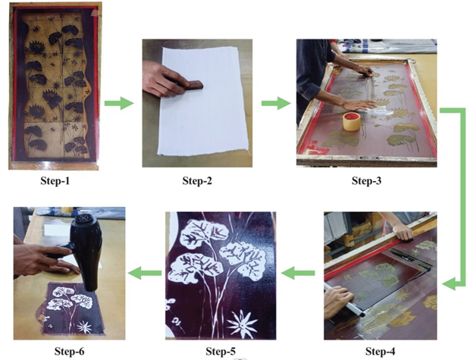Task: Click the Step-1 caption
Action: (55, 180)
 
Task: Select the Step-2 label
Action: (197, 180)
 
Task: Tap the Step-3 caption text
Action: (367, 180)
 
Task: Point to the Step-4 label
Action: (380, 351)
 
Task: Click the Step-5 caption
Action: (221, 351)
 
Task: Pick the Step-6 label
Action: (70, 351)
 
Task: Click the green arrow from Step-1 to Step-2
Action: (119, 103)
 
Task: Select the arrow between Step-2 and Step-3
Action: (276, 103)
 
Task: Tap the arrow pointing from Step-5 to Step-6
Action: (145, 273)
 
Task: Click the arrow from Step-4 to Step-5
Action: (298, 273)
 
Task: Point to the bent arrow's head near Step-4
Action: (450, 284)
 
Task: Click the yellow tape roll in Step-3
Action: (352, 121)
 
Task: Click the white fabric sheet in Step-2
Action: (202, 101)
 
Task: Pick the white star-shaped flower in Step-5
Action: (242, 324)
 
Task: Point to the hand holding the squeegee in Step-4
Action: (339, 302)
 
